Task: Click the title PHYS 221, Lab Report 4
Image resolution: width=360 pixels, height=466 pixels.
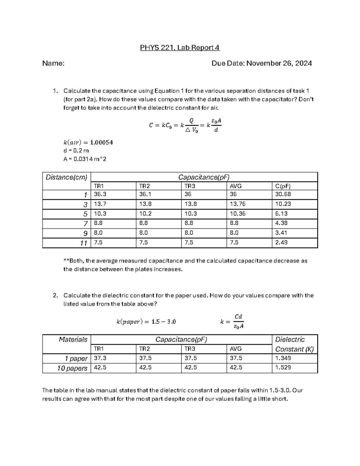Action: [180, 48]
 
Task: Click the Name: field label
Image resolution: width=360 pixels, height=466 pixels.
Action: [53, 63]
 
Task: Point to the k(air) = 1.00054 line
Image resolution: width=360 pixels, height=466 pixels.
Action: [88, 142]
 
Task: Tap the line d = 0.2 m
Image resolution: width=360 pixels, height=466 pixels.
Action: [76, 151]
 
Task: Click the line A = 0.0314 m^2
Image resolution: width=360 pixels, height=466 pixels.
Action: [85, 159]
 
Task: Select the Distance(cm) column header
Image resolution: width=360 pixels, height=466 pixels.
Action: [66, 177]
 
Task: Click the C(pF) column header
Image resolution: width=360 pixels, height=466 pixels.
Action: [283, 186]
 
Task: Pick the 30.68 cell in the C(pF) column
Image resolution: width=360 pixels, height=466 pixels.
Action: [283, 194]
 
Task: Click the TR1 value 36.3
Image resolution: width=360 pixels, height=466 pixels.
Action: [100, 194]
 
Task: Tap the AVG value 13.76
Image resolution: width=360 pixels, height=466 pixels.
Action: [237, 204]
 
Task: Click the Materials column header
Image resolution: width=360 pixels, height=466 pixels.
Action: [73, 340]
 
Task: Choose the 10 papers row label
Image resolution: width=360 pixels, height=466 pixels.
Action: [72, 368]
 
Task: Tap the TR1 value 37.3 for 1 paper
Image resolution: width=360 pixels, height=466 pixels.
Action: [100, 358]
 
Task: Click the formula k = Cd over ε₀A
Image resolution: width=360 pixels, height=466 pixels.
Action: [232, 322]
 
